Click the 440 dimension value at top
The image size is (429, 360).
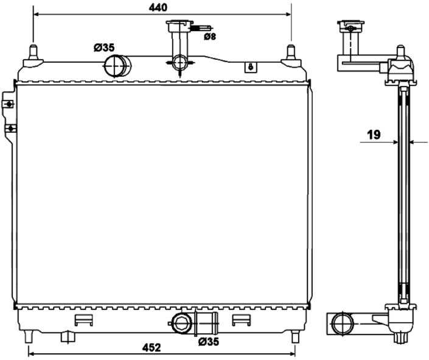[158, 8]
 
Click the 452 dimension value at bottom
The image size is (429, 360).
[152, 347]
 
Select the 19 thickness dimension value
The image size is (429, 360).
[374, 135]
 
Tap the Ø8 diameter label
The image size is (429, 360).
[210, 36]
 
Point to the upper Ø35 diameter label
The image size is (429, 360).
[104, 48]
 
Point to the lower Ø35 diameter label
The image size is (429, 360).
[209, 341]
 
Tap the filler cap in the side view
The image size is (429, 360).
[351, 27]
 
